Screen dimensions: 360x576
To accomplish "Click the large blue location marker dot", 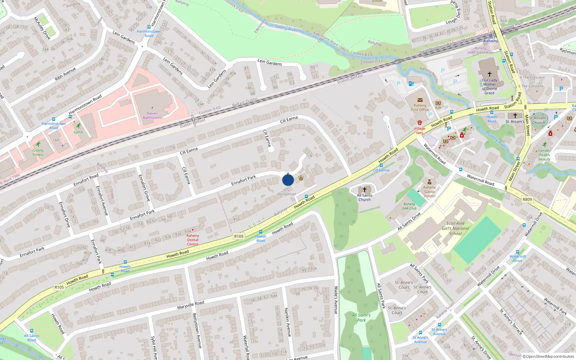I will point(288,180).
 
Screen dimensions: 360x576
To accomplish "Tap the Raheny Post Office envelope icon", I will point(420,100).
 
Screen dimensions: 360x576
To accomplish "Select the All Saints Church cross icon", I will point(364,189).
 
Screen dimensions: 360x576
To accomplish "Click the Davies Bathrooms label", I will point(152,116).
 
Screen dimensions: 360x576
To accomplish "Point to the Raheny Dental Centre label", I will point(193,240).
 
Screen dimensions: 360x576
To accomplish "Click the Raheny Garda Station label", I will point(429,192).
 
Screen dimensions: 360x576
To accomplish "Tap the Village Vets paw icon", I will point(419,123).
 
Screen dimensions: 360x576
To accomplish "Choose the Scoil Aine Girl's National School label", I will point(455,228).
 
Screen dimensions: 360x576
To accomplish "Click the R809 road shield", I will point(527,199).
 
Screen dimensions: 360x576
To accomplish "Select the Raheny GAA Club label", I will point(409,206).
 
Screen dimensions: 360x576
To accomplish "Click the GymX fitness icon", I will point(78,126).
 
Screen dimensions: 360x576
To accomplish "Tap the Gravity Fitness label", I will point(38,153).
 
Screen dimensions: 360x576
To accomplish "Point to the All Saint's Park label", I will point(361,318).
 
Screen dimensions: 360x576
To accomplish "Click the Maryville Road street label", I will point(190,305).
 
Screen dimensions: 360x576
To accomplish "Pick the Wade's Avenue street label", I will point(336,300).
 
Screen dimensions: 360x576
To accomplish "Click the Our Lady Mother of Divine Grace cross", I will point(489,74).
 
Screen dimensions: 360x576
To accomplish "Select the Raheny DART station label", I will point(490,41).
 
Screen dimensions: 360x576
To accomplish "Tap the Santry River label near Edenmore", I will point(286,28).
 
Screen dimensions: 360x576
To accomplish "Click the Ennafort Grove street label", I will point(144,188).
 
